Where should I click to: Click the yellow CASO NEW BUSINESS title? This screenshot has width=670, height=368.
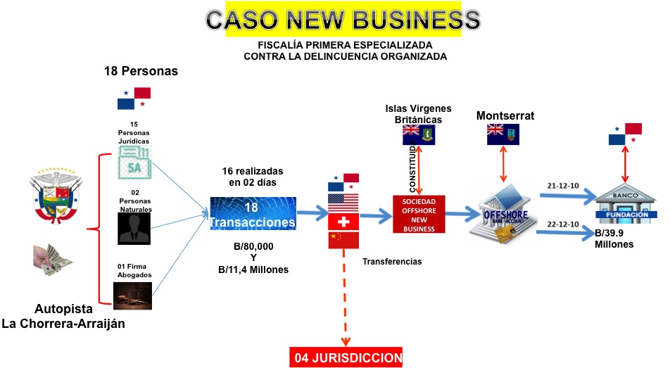point(343,20)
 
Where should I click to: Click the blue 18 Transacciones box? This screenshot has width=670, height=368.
point(253,214)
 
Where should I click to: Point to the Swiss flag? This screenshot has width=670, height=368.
point(343,222)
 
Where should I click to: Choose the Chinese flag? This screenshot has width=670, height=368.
point(343,241)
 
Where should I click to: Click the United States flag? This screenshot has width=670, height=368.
point(343,203)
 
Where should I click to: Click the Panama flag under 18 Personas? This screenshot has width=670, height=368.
point(134,99)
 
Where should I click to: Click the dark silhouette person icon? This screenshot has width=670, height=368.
point(134,228)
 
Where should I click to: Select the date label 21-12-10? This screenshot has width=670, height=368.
point(562,186)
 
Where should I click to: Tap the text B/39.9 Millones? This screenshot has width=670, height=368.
point(614,239)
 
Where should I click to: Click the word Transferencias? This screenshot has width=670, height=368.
point(391,261)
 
